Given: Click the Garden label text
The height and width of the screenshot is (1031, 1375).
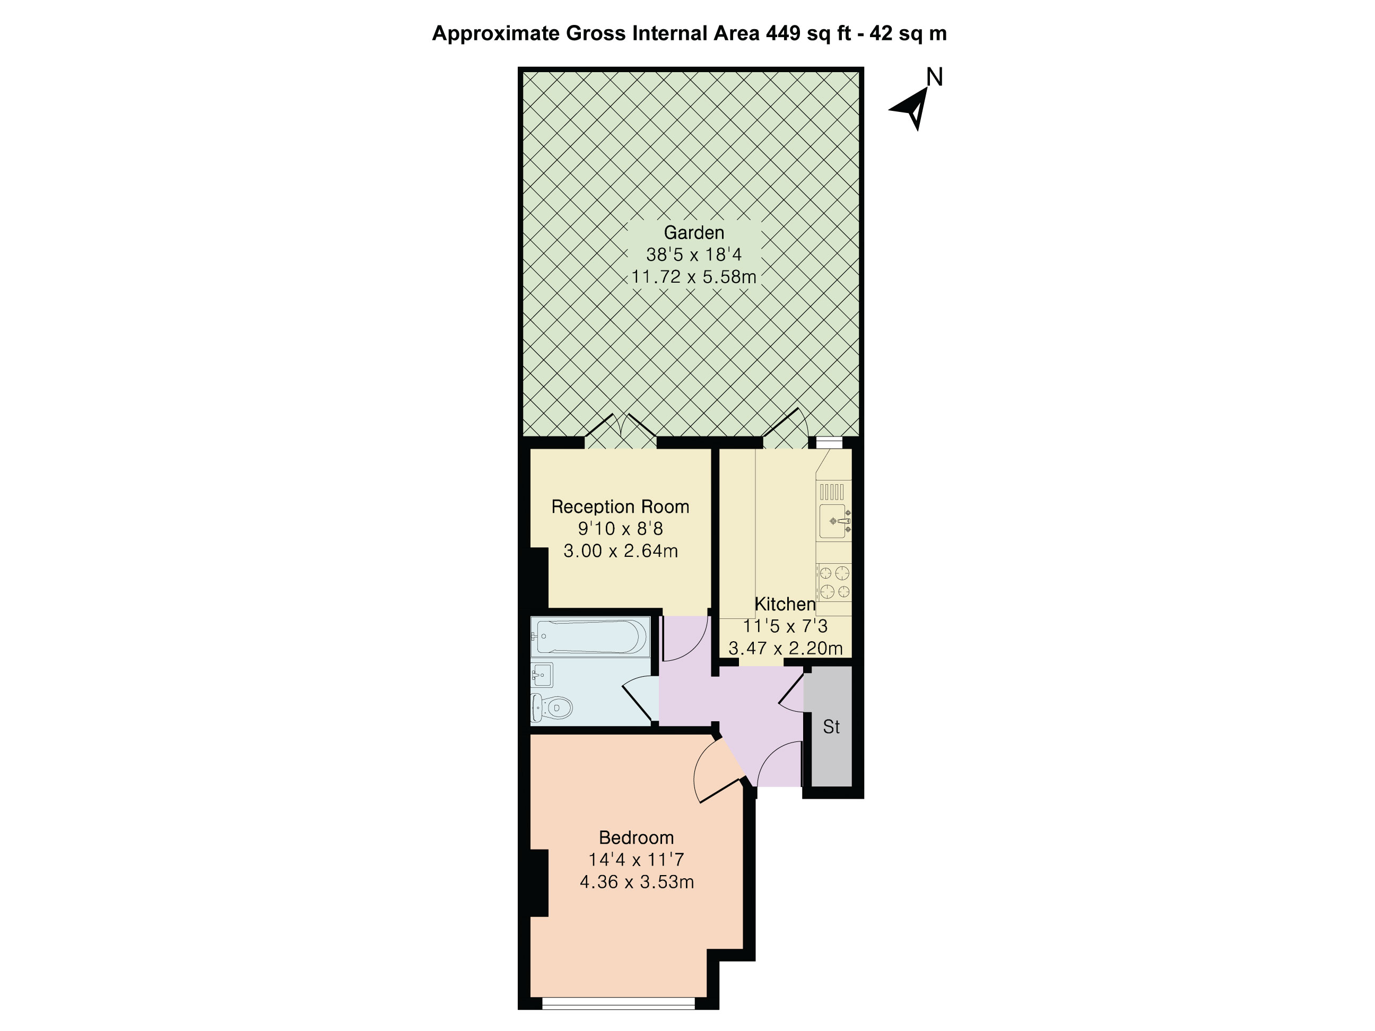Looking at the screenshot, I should coord(694,232).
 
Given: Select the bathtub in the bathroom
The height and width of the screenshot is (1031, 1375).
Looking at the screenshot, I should coord(589,636).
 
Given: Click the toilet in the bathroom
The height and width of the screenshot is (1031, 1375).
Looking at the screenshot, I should coord(553,707).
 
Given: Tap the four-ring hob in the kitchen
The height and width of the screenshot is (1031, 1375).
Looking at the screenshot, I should coord(833,582).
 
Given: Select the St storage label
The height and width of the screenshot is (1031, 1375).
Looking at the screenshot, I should coord(831,727).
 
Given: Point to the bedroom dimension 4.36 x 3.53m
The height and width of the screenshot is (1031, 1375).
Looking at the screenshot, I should coord(637,882).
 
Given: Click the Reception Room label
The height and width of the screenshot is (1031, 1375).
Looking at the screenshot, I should coord(620,506).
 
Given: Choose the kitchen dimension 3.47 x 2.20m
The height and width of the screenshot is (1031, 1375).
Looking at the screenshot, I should coord(785,648).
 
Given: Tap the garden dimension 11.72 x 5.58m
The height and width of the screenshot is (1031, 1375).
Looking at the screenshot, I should coord(694,276).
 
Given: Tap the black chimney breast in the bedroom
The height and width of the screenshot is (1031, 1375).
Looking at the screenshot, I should coord(538,883).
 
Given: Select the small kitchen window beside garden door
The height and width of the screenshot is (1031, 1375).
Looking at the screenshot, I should coord(829,442).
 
